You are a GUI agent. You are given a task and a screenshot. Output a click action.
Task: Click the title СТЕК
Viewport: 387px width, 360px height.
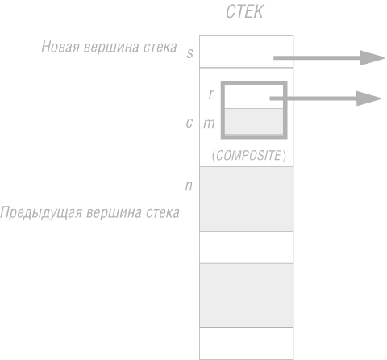pos(244,11)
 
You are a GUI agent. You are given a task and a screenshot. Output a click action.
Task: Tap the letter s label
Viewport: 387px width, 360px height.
pos(189,53)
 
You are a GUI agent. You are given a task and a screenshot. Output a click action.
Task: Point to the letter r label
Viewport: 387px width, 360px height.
pos(211,94)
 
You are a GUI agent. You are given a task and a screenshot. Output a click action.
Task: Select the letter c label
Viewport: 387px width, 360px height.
pos(189,123)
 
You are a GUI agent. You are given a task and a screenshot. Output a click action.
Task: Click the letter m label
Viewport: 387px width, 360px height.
pos(209,124)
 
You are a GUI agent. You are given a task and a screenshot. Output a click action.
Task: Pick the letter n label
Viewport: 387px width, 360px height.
pos(189,186)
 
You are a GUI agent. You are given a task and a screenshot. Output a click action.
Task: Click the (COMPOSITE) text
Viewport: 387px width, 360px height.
pos(249,156)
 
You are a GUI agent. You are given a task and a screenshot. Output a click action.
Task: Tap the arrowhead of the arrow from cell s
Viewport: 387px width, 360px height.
pos(372,58)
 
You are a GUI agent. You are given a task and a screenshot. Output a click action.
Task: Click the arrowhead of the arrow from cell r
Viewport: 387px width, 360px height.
pos(368,98)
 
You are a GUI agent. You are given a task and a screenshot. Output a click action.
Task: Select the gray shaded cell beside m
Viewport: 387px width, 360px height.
pos(254,121)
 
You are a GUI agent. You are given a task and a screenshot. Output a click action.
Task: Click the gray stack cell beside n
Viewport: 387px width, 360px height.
pos(246,182)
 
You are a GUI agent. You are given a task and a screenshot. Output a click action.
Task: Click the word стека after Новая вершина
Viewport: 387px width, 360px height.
pos(160,47)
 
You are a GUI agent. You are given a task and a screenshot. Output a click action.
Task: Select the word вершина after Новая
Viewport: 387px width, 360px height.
pos(111,47)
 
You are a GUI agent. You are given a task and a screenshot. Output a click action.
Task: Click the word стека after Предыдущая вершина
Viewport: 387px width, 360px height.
pos(163,213)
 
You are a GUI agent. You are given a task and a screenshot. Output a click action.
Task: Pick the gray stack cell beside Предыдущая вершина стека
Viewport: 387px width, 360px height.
pos(246,215)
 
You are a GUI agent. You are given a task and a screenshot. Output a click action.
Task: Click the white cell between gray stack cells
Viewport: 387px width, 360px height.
pos(246,247)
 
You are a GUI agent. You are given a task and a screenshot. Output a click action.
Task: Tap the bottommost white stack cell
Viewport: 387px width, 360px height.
pos(246,344)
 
